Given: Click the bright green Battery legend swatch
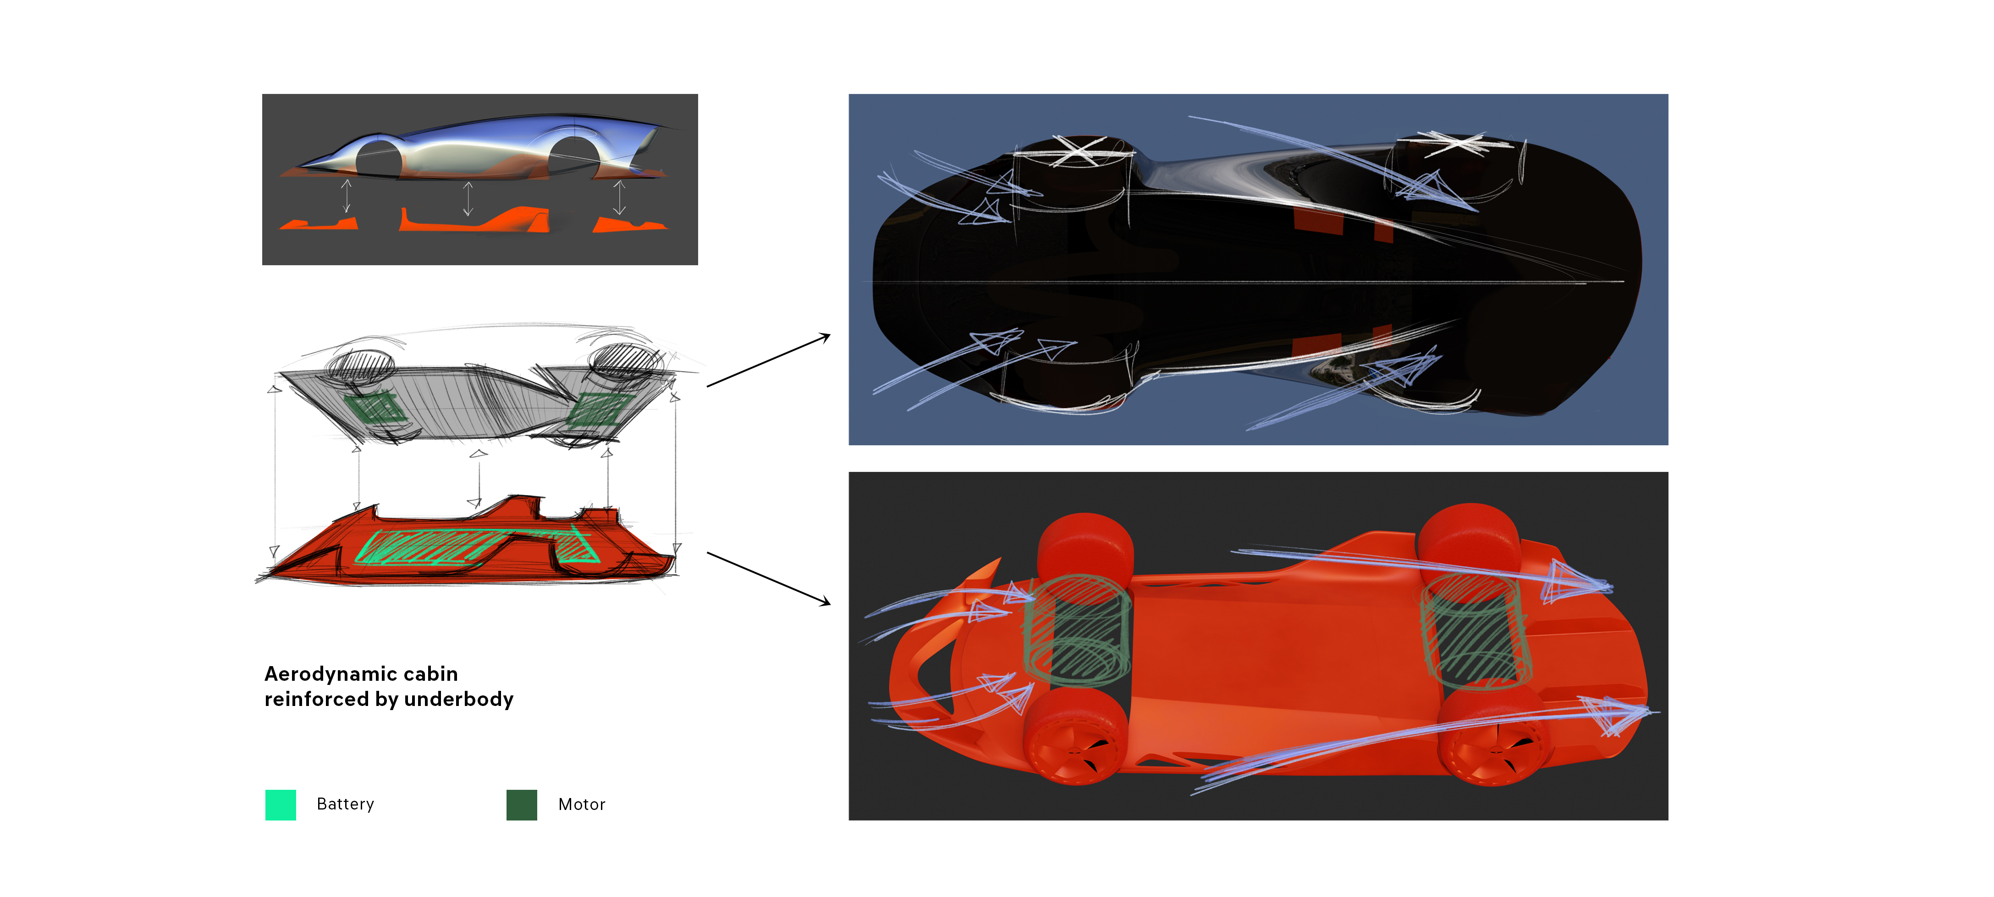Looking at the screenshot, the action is point(280,804).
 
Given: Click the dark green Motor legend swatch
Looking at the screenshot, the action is point(522,804).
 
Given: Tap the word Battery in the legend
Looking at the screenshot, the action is point(345,804).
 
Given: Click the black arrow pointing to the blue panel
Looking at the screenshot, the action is point(769,360).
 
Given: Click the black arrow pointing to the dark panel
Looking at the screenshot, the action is point(769,578).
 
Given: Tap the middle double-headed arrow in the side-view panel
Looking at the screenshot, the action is point(468,198).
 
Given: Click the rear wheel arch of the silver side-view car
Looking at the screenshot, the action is point(573,155).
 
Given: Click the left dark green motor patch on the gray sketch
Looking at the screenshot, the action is point(374,407).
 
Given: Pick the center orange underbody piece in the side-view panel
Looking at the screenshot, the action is point(474,220).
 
